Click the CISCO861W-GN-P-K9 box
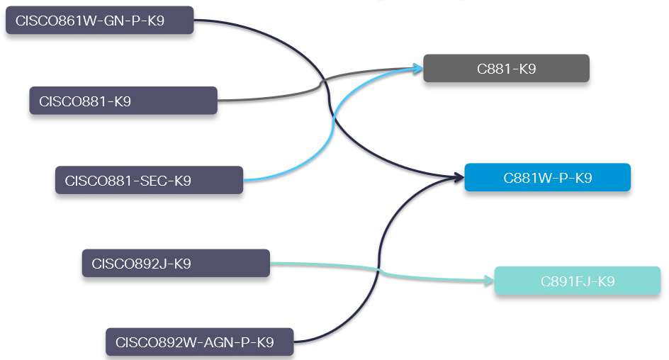[99, 21]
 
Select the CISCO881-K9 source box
[123, 101]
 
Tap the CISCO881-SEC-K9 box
[149, 180]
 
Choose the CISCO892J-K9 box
[176, 263]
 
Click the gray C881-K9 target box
[506, 69]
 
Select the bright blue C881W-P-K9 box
[547, 178]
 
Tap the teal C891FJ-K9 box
[577, 281]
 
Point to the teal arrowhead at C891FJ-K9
[488, 281]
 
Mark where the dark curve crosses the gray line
[325, 82]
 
